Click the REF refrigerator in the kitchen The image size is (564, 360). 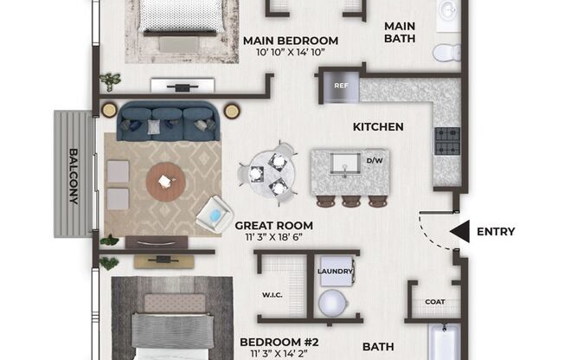pyautogui.click(x=341, y=87)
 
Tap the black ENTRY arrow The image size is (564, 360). pyautogui.click(x=459, y=231)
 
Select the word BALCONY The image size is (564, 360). pyautogui.click(x=74, y=176)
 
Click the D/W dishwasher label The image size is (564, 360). pyautogui.click(x=375, y=161)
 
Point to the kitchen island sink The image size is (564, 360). pyautogui.click(x=345, y=164)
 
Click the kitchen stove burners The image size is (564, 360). pyautogui.click(x=447, y=141)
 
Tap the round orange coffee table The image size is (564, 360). pyautogui.click(x=166, y=182)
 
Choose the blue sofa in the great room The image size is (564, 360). pyautogui.click(x=168, y=121)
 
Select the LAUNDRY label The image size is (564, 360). pyautogui.click(x=335, y=271)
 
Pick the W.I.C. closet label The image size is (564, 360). pyautogui.click(x=272, y=295)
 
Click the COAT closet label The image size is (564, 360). pyautogui.click(x=435, y=302)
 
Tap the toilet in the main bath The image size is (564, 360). pyautogui.click(x=446, y=53)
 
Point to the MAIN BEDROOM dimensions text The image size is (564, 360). pyautogui.click(x=291, y=53)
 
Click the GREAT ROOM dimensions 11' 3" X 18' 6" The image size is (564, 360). pyautogui.click(x=273, y=237)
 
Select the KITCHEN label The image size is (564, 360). pyautogui.click(x=378, y=126)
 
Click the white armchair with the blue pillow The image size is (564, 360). pyautogui.click(x=215, y=215)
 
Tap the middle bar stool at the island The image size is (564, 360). pyautogui.click(x=351, y=202)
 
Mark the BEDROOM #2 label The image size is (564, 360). pyautogui.click(x=279, y=342)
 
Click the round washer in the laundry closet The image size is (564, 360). pyautogui.click(x=333, y=303)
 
